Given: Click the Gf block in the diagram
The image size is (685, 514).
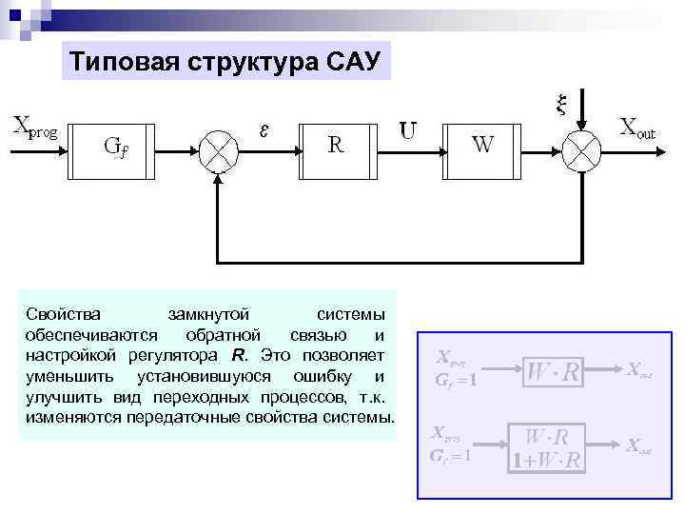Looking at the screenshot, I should click(115, 148).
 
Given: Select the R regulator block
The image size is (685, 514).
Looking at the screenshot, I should click(338, 148).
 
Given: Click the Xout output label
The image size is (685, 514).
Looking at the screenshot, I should click(637, 128).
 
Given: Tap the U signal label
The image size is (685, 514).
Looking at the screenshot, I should click(408, 128).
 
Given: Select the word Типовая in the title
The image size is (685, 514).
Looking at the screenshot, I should click(121, 62).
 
